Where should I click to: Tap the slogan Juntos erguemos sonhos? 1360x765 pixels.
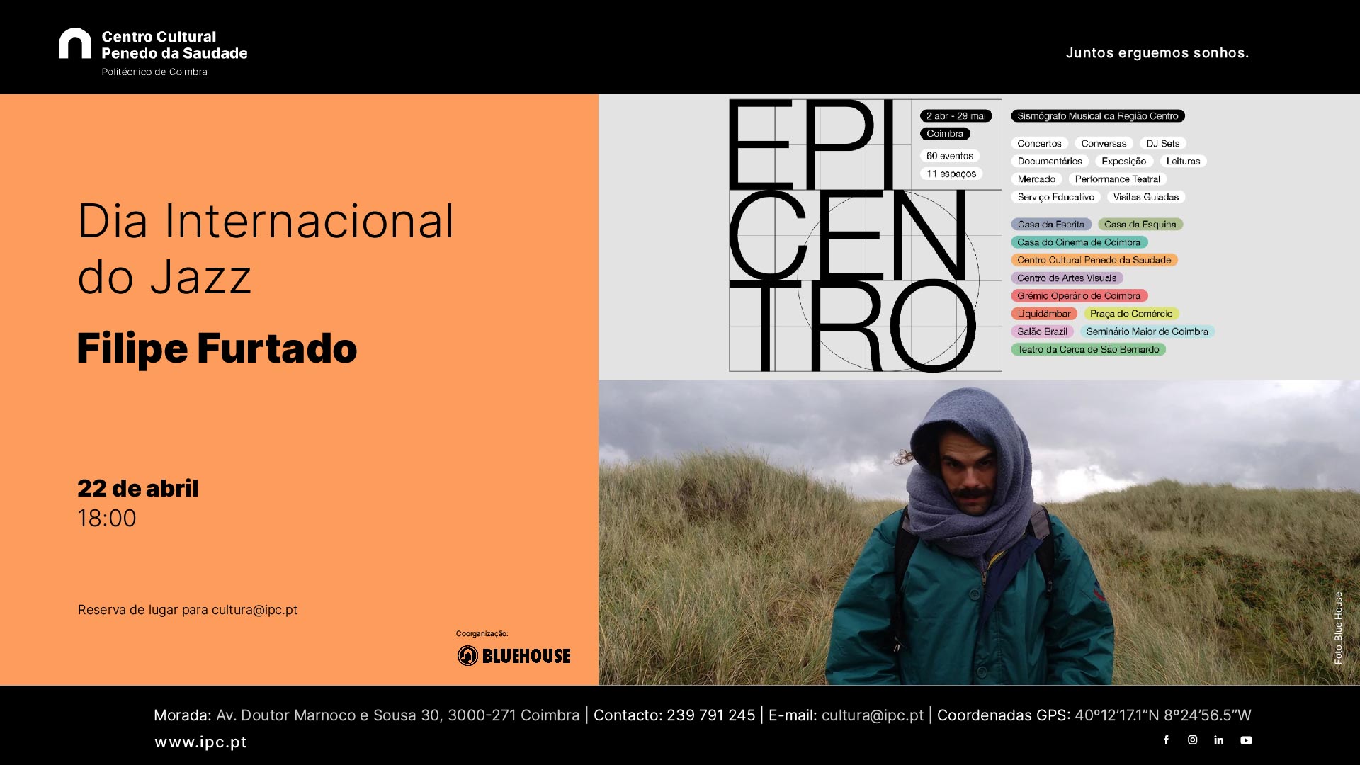(1157, 53)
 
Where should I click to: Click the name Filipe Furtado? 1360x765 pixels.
(217, 348)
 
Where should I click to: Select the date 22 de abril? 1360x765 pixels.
(138, 488)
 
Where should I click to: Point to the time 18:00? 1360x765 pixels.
(107, 518)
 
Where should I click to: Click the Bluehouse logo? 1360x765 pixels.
(514, 656)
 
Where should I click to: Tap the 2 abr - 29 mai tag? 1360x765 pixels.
(956, 116)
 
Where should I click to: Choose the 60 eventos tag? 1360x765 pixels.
(950, 156)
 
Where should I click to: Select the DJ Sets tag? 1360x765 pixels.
(1163, 143)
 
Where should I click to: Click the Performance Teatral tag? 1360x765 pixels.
(1118, 179)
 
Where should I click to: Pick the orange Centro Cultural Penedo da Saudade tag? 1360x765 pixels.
(1094, 260)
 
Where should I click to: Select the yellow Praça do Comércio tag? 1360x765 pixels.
(1131, 314)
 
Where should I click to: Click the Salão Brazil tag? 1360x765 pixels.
(1043, 331)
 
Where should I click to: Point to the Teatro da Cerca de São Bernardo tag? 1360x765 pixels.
(1089, 349)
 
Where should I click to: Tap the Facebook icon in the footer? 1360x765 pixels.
(1167, 740)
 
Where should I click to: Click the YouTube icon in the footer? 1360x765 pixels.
(1246, 740)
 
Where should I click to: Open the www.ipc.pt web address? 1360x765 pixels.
(201, 742)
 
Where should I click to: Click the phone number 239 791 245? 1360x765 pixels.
(710, 715)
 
